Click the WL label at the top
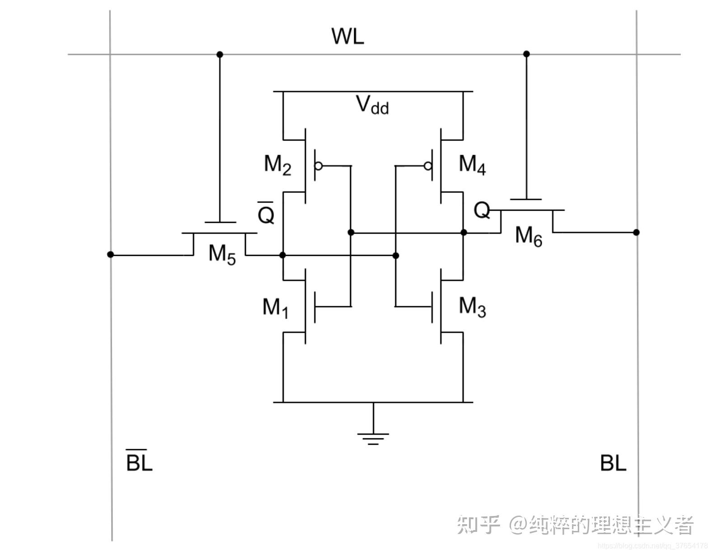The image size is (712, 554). [347, 37]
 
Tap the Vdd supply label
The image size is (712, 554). [372, 105]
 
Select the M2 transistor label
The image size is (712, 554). [277, 164]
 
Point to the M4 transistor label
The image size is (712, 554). [472, 164]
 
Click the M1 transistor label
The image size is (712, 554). [275, 308]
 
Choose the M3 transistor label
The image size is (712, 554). [472, 307]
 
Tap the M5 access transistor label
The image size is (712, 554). [222, 254]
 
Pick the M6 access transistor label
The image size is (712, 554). [528, 236]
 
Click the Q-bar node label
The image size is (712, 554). [266, 213]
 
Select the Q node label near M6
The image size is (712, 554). [482, 211]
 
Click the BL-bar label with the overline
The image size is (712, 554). [139, 461]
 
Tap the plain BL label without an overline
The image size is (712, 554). [613, 463]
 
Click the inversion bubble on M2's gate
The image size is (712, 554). [319, 166]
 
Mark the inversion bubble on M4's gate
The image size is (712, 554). [427, 166]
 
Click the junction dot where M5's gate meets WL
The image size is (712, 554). [220, 55]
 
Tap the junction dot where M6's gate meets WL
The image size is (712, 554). [526, 54]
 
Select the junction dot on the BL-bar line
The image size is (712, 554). [111, 255]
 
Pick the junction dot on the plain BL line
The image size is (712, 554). [636, 232]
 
